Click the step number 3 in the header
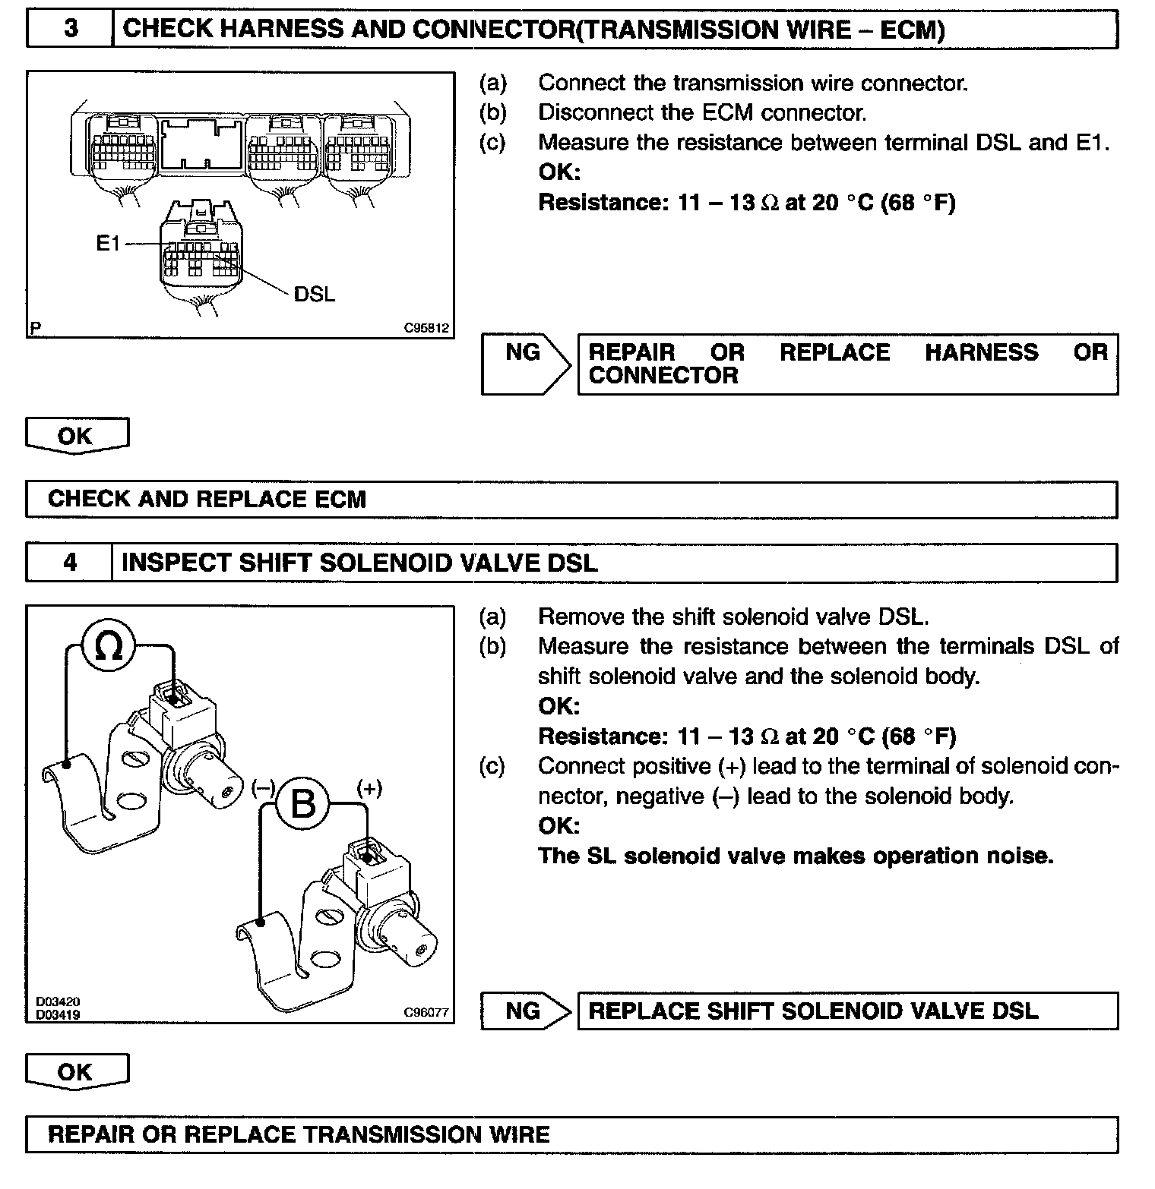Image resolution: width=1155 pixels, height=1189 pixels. tap(70, 29)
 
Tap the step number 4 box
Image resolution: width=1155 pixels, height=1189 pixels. tap(69, 563)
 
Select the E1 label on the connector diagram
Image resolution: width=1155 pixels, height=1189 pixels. tap(108, 243)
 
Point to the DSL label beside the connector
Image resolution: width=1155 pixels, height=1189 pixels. tap(314, 294)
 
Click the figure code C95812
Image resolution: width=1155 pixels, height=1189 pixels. tap(426, 329)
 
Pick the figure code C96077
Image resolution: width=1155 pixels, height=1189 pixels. tap(426, 1012)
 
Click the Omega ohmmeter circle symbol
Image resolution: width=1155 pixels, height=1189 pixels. tap(109, 647)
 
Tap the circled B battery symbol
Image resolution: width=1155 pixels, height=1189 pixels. tap(303, 803)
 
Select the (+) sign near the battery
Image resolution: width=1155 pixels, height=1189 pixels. tap(369, 788)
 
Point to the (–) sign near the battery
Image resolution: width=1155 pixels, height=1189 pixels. tap(263, 788)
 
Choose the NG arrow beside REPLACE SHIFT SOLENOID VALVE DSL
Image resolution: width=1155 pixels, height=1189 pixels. tap(524, 1011)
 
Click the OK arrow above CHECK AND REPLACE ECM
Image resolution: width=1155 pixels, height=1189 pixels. tap(76, 436)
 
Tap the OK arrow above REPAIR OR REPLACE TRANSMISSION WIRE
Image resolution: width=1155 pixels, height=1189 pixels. tap(76, 1072)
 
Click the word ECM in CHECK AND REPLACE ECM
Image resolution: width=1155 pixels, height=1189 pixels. tap(340, 499)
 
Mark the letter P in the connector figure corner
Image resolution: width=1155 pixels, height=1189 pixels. tap(35, 329)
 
